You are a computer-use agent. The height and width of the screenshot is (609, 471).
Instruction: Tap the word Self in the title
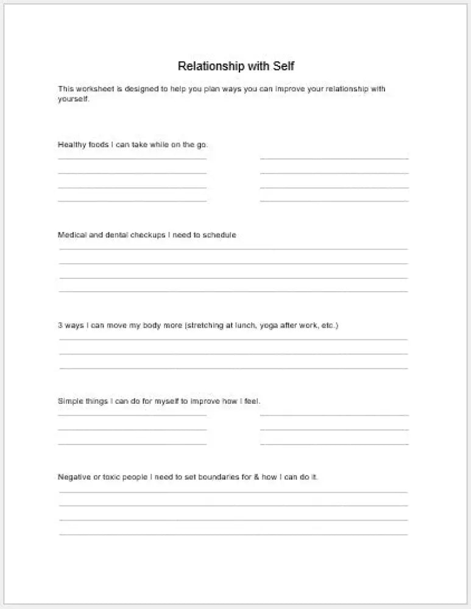tap(282, 65)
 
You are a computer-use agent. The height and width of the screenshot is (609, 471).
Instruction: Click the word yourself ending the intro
tap(73, 99)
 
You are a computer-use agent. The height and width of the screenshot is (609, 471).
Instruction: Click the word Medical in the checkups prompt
tap(73, 235)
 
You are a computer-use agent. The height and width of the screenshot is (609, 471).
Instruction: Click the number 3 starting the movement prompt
tap(60, 325)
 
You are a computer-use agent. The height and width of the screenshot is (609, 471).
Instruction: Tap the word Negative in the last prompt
tap(74, 477)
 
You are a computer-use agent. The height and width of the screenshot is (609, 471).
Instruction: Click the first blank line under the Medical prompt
tap(233, 249)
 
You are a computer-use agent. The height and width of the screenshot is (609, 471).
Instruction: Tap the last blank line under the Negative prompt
tap(233, 535)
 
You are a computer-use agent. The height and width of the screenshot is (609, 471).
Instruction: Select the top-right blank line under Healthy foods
tap(334, 158)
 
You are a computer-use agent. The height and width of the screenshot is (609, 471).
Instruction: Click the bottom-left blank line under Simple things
tap(132, 444)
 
